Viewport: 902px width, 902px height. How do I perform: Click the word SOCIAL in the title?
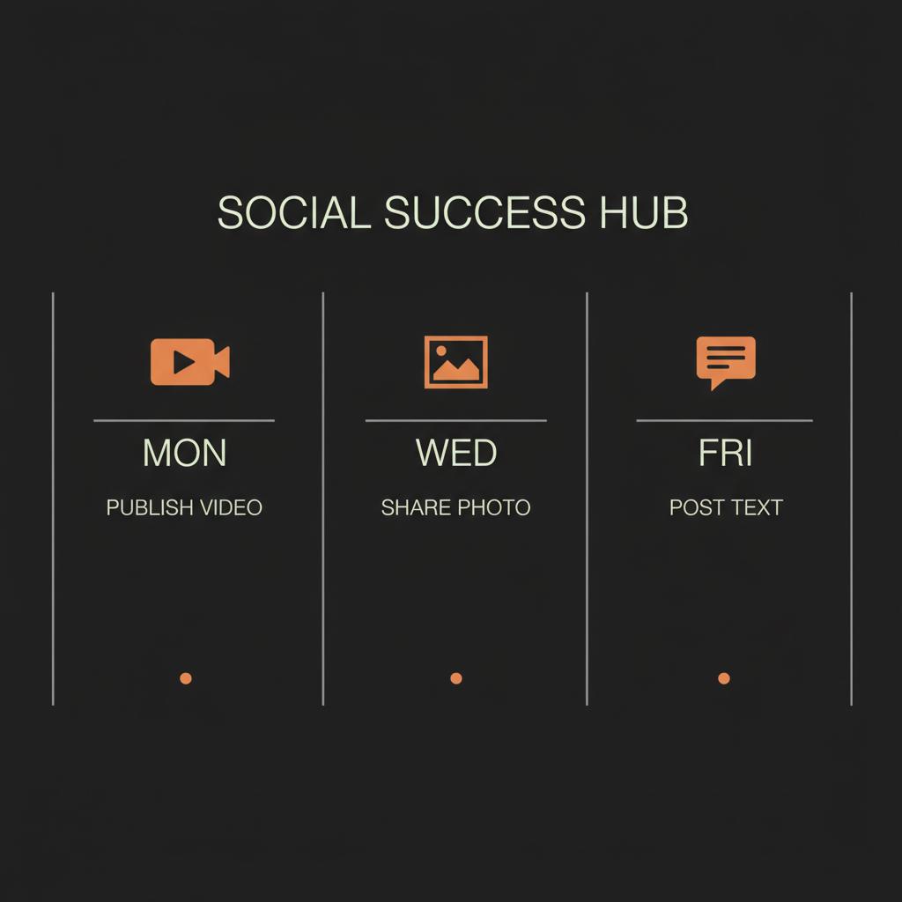click(x=293, y=213)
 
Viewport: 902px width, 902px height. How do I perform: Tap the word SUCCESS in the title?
click(x=484, y=213)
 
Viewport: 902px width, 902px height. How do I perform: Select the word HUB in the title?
click(x=643, y=213)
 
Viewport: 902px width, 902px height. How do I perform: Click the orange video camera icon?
click(x=189, y=361)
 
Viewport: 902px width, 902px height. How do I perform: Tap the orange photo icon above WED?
click(x=455, y=361)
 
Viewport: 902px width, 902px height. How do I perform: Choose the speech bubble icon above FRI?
click(x=726, y=361)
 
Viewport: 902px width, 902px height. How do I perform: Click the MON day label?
click(x=184, y=454)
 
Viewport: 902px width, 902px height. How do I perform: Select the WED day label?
click(x=455, y=454)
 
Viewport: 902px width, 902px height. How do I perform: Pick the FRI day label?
click(x=725, y=454)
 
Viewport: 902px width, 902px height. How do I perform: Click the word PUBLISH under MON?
click(x=150, y=508)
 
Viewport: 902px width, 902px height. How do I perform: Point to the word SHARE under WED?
click(x=413, y=508)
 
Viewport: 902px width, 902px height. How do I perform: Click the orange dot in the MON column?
click(x=185, y=678)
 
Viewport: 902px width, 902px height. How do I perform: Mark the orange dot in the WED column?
click(x=455, y=678)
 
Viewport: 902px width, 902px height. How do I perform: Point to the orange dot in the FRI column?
click(x=724, y=678)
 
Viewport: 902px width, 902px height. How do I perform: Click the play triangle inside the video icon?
click(x=183, y=361)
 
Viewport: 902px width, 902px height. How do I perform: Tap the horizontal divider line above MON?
click(x=184, y=421)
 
